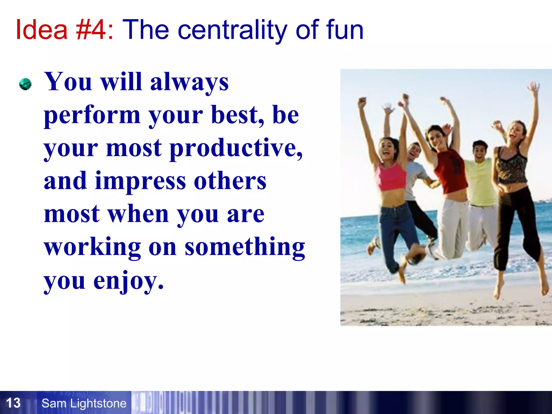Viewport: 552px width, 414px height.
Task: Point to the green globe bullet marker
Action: (x=25, y=84)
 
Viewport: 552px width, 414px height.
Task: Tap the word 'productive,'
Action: (x=236, y=149)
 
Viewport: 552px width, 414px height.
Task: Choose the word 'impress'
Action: (x=140, y=181)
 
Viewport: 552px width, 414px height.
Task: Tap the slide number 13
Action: (x=13, y=403)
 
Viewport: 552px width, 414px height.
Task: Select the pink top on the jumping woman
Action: (x=392, y=177)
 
